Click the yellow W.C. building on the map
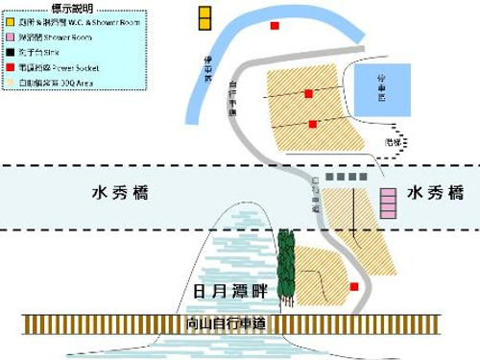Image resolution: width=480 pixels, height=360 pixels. tap(204, 17)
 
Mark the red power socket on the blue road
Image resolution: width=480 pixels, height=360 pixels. tap(276, 26)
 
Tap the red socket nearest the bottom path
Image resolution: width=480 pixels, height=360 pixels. tap(354, 286)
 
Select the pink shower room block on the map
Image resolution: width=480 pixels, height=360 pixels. tap(389, 204)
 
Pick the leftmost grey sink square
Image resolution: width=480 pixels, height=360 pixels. tap(330, 177)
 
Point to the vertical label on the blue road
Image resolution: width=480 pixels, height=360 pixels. tap(210, 70)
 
